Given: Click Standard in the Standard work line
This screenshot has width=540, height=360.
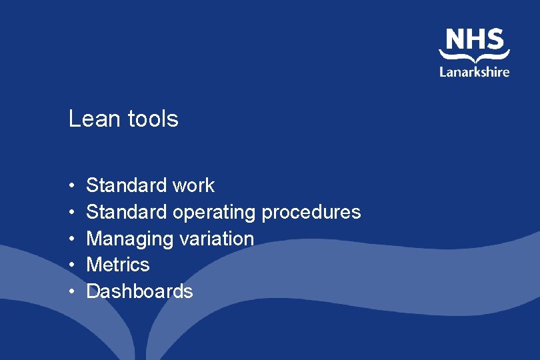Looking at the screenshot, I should [127, 185].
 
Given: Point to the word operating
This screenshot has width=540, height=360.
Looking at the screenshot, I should [214, 213].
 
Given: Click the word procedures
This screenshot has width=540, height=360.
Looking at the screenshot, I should [311, 212].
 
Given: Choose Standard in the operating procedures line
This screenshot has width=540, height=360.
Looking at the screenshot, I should [127, 212].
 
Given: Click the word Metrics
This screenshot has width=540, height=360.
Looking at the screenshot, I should [118, 265].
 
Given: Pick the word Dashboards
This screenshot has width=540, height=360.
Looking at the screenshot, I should [139, 291].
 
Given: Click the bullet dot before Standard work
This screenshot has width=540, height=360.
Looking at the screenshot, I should [71, 186].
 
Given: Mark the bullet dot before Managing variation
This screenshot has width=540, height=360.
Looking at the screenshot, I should [71, 239].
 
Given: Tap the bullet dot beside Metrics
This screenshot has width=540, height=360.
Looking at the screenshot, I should [71, 265].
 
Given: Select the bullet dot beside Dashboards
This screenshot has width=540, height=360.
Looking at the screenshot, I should [71, 292].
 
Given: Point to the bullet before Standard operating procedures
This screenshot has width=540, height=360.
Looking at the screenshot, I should [71, 213].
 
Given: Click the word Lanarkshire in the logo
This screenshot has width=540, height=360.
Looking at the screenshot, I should [474, 71].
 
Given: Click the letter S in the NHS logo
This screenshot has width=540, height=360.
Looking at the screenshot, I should [495, 39].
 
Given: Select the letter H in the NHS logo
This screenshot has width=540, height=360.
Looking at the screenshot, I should [475, 39].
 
